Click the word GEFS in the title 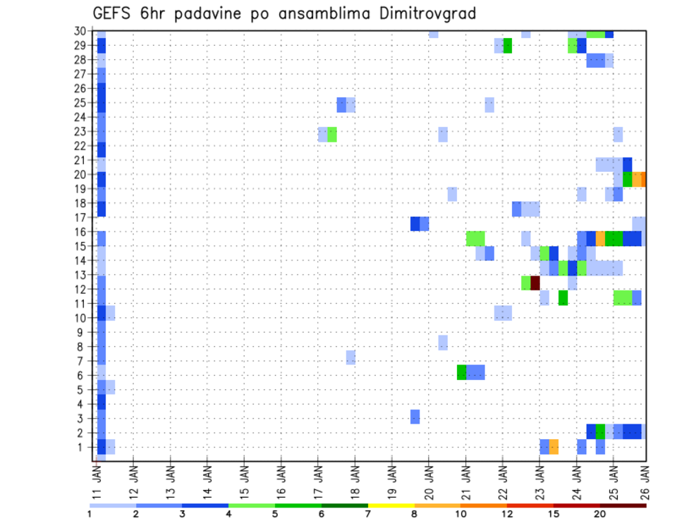tap(114, 13)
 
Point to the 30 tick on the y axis tap(81, 31)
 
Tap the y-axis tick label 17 tap(81, 217)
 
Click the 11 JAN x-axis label tap(97, 476)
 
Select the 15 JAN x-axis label tap(244, 476)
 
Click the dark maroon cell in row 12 tap(535, 283)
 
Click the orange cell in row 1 tap(554, 446)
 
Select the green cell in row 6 tap(461, 371)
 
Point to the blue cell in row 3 tap(415, 417)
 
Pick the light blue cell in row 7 tap(350, 357)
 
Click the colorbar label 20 tap(599, 514)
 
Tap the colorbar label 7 tap(368, 514)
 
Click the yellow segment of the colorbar tap(391, 505)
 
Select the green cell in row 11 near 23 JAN tap(563, 297)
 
